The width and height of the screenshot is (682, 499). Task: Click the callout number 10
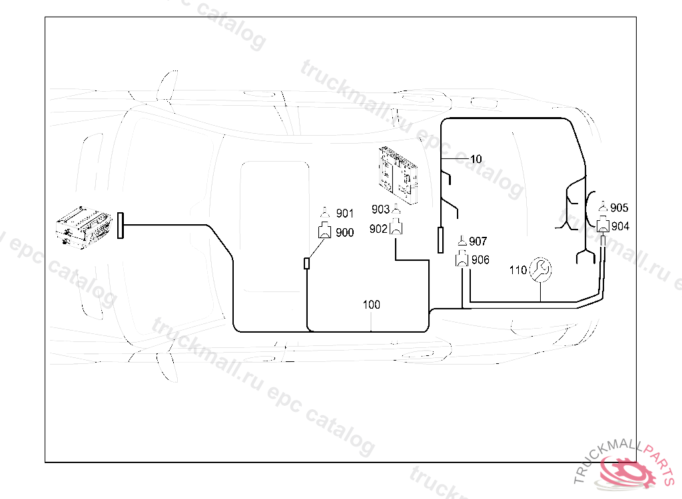click(x=476, y=159)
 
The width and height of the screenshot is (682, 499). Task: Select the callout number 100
click(x=372, y=305)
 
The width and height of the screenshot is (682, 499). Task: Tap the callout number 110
click(x=517, y=270)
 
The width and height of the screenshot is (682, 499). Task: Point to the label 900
click(x=345, y=232)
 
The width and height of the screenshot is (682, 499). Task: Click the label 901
click(x=345, y=214)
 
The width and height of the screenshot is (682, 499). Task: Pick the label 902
click(x=378, y=229)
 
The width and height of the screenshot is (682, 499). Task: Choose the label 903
click(x=380, y=210)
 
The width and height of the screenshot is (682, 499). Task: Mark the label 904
click(x=620, y=226)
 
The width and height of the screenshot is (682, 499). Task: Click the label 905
click(x=619, y=208)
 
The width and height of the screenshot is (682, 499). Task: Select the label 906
click(x=480, y=260)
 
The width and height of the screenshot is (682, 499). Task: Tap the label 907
click(x=478, y=241)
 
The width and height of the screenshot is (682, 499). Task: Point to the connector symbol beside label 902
click(x=396, y=229)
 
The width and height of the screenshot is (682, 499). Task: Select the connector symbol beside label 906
click(x=462, y=260)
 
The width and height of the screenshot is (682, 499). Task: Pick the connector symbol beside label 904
click(x=603, y=226)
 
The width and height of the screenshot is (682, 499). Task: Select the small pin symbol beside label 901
click(x=326, y=213)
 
